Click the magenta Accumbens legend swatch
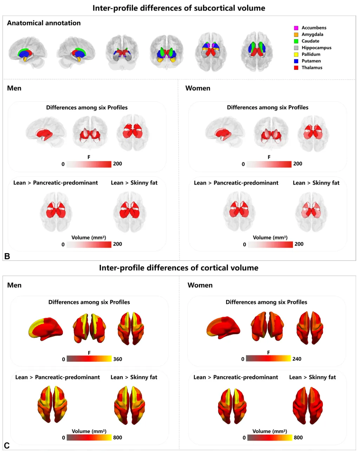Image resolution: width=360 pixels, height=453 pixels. [x=296, y=28]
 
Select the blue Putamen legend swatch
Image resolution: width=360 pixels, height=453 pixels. [x=296, y=61]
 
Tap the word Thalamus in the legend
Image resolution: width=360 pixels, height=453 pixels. [x=312, y=68]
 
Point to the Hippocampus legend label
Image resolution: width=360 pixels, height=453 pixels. [x=316, y=48]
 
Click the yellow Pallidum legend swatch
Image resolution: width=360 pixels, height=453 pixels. [x=296, y=54]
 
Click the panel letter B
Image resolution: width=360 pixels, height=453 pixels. [x=7, y=256]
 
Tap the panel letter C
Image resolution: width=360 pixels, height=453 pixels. [x=7, y=446]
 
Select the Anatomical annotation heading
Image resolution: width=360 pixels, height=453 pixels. [x=44, y=23]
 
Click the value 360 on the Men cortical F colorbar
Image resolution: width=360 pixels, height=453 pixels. [x=118, y=359]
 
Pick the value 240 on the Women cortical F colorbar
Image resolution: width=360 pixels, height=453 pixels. [x=296, y=359]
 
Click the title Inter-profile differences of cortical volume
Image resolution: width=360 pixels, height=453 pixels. [x=179, y=268]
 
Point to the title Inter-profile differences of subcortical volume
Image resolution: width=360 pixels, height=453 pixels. [x=179, y=8]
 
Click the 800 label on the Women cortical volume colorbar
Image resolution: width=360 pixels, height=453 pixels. [x=298, y=438]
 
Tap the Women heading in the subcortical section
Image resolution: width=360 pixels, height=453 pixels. [x=198, y=88]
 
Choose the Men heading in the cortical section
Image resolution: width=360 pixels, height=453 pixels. [x=14, y=285]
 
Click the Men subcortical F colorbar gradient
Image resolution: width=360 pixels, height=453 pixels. [x=89, y=164]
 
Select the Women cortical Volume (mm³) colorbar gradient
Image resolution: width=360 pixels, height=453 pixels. [x=269, y=438]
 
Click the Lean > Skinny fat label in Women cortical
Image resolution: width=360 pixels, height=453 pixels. [x=312, y=377]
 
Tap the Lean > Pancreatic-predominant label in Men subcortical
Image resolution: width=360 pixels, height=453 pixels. [x=55, y=183]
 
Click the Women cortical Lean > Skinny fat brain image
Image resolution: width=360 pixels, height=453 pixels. [x=307, y=405]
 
